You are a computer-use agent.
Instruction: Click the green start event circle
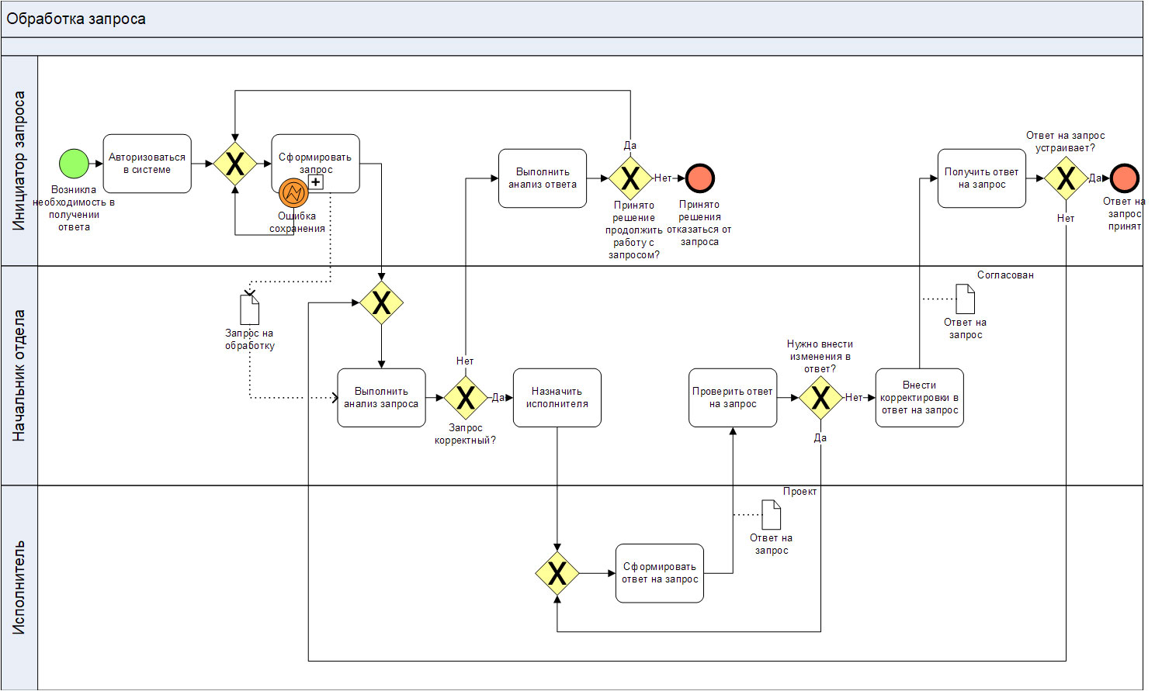click(75, 164)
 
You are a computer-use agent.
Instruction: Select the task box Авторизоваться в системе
click(147, 164)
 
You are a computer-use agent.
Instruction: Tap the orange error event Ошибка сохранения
click(293, 193)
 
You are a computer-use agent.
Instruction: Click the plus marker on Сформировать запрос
click(316, 182)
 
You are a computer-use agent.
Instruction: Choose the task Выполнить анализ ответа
click(543, 178)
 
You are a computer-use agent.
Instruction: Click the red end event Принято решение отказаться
click(700, 178)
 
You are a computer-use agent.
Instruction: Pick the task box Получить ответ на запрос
click(981, 178)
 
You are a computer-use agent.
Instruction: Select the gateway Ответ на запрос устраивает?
click(1066, 178)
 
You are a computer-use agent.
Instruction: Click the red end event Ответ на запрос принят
click(1124, 178)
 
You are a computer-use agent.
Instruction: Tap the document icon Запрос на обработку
click(250, 309)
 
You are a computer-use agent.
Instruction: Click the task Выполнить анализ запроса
click(381, 398)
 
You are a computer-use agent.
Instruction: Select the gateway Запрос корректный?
click(466, 398)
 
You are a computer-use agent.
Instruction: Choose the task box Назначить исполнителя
click(557, 398)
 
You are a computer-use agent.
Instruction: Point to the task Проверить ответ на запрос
click(733, 398)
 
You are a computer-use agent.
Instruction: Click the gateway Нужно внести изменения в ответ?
click(820, 398)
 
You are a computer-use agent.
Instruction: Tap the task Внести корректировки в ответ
click(919, 398)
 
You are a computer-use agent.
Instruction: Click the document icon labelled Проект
click(772, 515)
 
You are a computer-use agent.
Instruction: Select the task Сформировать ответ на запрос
click(660, 573)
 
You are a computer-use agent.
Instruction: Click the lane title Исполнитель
click(19, 587)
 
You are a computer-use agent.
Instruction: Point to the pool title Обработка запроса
click(76, 19)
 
